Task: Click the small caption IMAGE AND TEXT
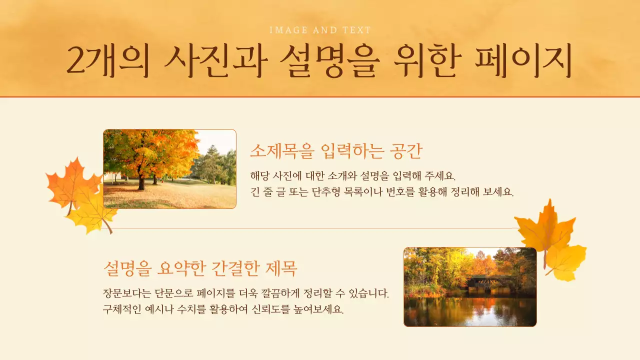coord(320,30)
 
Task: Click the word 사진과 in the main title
coord(215,61)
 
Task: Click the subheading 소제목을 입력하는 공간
coord(336,150)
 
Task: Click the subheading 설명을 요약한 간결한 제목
coord(200,268)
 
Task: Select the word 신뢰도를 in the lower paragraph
coord(271,309)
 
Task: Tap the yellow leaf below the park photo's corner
coord(91,214)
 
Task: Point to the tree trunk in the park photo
coord(141,181)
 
